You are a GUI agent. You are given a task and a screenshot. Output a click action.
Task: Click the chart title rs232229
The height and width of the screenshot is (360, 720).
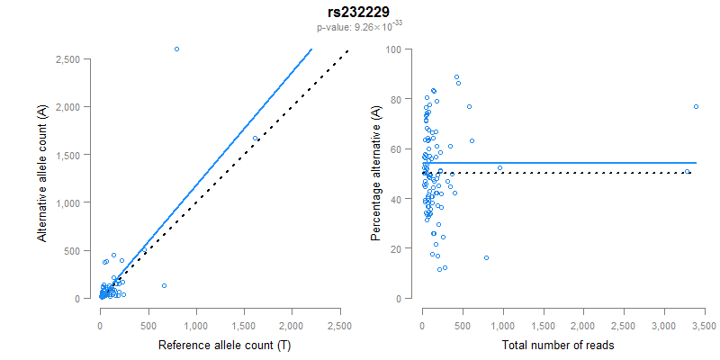(359, 13)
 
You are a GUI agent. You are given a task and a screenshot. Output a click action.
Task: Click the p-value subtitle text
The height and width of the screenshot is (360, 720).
(359, 26)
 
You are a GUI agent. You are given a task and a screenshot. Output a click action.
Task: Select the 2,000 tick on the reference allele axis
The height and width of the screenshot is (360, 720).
(292, 317)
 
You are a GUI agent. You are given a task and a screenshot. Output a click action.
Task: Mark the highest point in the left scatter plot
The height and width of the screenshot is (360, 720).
(176, 49)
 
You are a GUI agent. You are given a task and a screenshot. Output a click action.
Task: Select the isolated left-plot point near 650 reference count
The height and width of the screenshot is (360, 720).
(164, 285)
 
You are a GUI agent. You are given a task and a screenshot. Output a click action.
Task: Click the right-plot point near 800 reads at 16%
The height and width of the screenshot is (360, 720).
(486, 257)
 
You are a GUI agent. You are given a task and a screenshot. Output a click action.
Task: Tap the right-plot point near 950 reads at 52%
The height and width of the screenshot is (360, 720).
(499, 167)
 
